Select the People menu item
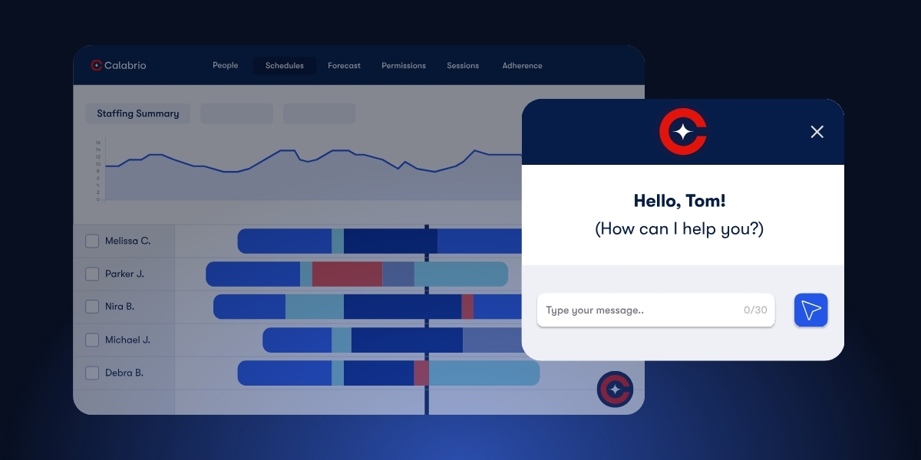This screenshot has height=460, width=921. pyautogui.click(x=225, y=66)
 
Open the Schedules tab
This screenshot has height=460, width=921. pyautogui.click(x=284, y=66)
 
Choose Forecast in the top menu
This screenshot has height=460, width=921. pyautogui.click(x=344, y=66)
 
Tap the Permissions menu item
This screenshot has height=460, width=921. pyautogui.click(x=403, y=66)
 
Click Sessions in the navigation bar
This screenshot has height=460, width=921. pyautogui.click(x=463, y=66)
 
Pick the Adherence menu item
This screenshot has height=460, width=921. pyautogui.click(x=522, y=66)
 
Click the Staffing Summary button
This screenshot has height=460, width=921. pyautogui.click(x=137, y=113)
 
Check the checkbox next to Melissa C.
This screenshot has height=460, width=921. pyautogui.click(x=92, y=241)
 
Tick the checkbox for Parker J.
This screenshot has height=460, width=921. pyautogui.click(x=92, y=274)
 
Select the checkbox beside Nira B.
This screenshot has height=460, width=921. pyautogui.click(x=92, y=307)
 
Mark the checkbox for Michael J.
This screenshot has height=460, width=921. pyautogui.click(x=92, y=340)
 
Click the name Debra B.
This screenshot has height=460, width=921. pyautogui.click(x=124, y=373)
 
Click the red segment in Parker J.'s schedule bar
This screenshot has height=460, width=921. pyautogui.click(x=347, y=274)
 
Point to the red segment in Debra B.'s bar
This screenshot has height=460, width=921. pyautogui.click(x=421, y=373)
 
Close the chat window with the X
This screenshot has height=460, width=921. pyautogui.click(x=817, y=132)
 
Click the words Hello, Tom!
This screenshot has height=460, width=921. pyautogui.click(x=679, y=201)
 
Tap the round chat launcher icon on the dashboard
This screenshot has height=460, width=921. pyautogui.click(x=614, y=389)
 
